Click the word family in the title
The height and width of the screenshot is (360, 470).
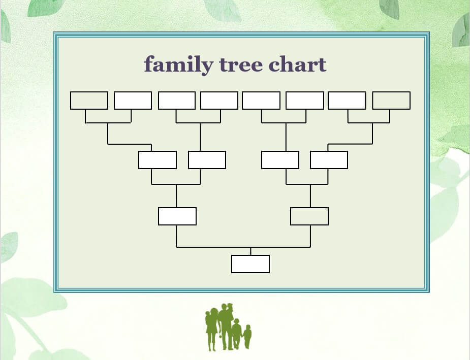[x=179, y=64]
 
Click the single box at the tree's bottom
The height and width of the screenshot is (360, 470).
[x=250, y=264]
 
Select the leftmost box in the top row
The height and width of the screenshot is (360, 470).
[x=89, y=101]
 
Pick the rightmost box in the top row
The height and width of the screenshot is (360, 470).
[x=391, y=101]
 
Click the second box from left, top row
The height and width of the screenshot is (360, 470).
[x=133, y=101]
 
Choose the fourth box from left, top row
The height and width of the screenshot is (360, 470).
[x=219, y=101]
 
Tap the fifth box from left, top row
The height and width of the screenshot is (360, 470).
[x=261, y=101]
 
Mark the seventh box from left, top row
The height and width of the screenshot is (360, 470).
[x=347, y=101]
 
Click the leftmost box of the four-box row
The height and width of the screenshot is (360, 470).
[x=158, y=160]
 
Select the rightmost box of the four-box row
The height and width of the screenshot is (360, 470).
[x=329, y=160]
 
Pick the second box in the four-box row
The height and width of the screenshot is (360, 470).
[x=207, y=160]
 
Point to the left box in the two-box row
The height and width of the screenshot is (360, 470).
[x=177, y=216]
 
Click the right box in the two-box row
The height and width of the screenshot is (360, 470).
[x=309, y=216]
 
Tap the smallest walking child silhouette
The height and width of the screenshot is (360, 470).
[x=247, y=337]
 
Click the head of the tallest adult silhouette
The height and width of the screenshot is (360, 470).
[x=224, y=307]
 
